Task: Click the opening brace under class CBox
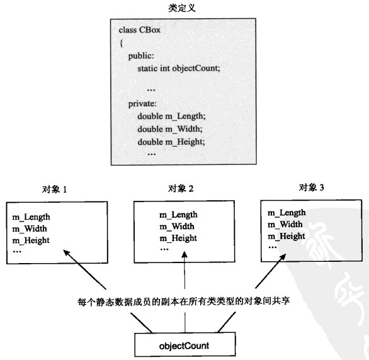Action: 121,43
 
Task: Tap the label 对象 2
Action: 181,189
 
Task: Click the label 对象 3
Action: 310,187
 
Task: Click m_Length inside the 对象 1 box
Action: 31,217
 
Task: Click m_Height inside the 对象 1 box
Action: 31,240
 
